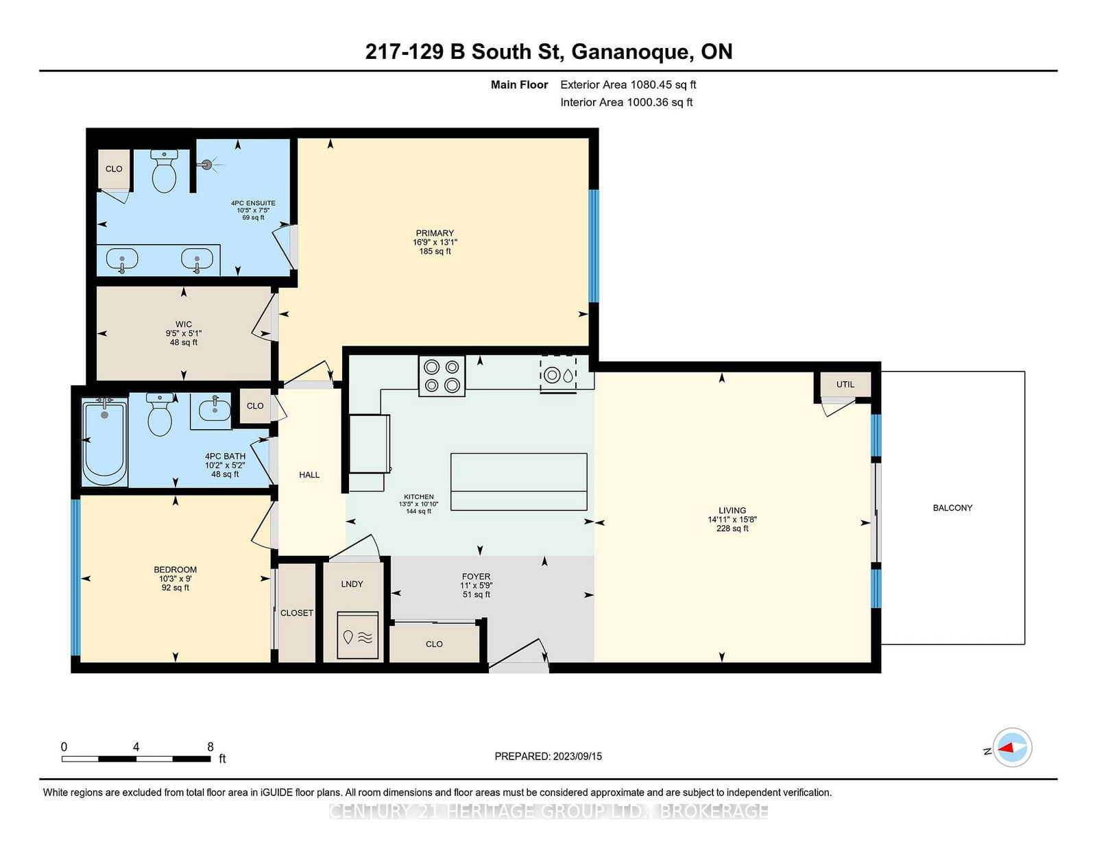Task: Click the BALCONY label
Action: coord(952,508)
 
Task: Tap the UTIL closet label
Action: coord(845,385)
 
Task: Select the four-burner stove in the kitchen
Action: coord(442,376)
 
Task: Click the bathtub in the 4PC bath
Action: coord(105,442)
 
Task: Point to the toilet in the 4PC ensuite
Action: coord(164,172)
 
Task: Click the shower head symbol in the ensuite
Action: coord(207,165)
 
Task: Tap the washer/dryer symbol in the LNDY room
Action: coord(358,636)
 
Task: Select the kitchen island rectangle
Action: coord(519,481)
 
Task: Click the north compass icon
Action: coord(1012,748)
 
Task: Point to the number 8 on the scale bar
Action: coord(210,747)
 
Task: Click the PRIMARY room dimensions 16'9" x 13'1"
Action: coord(435,242)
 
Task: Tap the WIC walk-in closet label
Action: coord(184,324)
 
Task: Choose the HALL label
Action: coord(309,474)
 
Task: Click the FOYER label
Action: coord(476,577)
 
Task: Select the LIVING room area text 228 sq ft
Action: coord(732,529)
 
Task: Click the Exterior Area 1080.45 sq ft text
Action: coord(628,85)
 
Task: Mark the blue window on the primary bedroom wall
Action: coord(594,245)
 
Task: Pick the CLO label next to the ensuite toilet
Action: coord(114,169)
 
